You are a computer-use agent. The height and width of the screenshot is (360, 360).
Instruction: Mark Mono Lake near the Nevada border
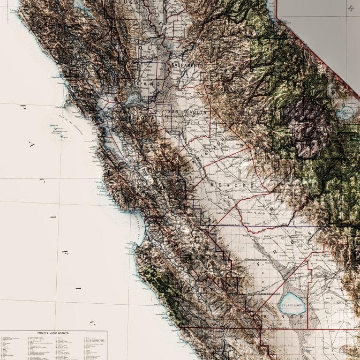(347, 112)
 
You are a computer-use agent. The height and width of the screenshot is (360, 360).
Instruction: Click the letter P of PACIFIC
(22, 107)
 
